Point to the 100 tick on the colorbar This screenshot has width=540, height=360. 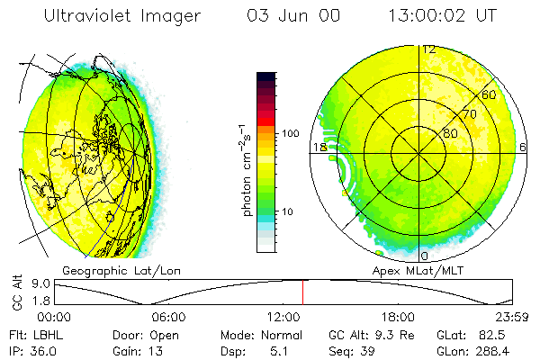(289, 133)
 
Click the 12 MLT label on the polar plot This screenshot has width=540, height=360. (429, 49)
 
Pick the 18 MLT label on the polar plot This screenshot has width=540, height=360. (318, 147)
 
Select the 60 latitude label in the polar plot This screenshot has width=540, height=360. (490, 94)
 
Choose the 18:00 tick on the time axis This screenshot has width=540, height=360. (397, 317)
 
